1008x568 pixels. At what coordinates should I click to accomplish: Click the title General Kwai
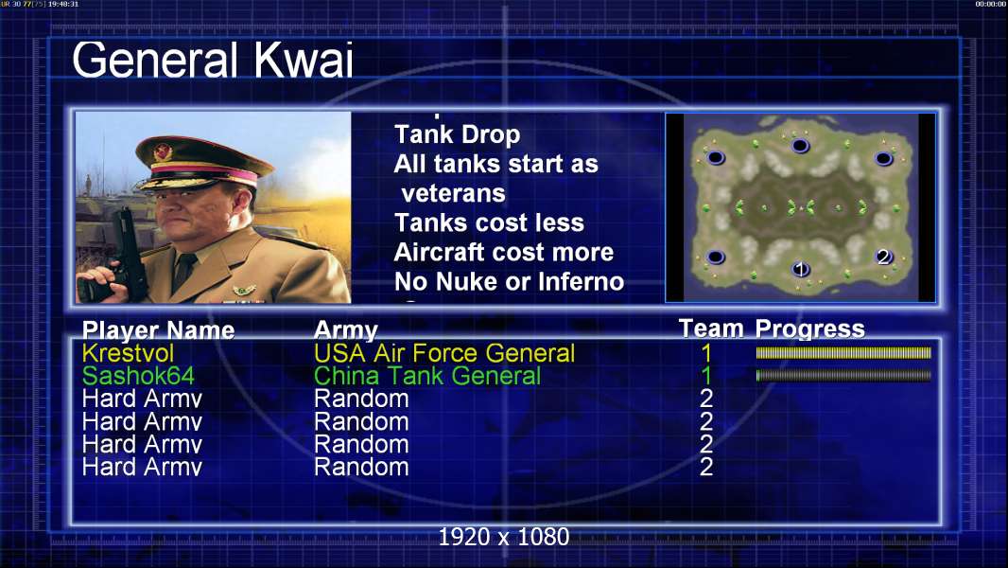(213, 60)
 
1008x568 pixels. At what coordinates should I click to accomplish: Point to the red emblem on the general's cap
(162, 151)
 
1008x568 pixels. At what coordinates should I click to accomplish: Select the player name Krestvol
(128, 353)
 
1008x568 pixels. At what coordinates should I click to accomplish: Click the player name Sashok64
(138, 376)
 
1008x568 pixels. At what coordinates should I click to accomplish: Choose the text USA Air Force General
(444, 353)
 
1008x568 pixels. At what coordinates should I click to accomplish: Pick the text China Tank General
(427, 376)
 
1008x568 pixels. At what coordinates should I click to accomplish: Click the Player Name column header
(158, 330)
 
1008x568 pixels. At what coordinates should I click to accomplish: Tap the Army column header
(346, 330)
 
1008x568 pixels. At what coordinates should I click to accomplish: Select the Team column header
(711, 328)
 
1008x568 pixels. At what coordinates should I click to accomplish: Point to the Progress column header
(810, 328)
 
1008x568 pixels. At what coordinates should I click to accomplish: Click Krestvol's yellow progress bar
(843, 352)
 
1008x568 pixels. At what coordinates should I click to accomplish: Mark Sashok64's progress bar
(843, 375)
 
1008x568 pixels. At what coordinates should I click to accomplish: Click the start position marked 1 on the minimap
(800, 268)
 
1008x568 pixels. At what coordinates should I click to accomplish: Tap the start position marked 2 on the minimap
(884, 257)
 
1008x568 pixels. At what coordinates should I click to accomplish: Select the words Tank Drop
(457, 134)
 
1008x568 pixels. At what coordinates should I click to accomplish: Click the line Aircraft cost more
(504, 252)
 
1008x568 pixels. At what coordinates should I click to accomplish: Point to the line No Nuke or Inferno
(509, 282)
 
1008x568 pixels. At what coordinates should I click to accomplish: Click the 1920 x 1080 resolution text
(504, 537)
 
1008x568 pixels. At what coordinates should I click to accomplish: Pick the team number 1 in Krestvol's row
(706, 353)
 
